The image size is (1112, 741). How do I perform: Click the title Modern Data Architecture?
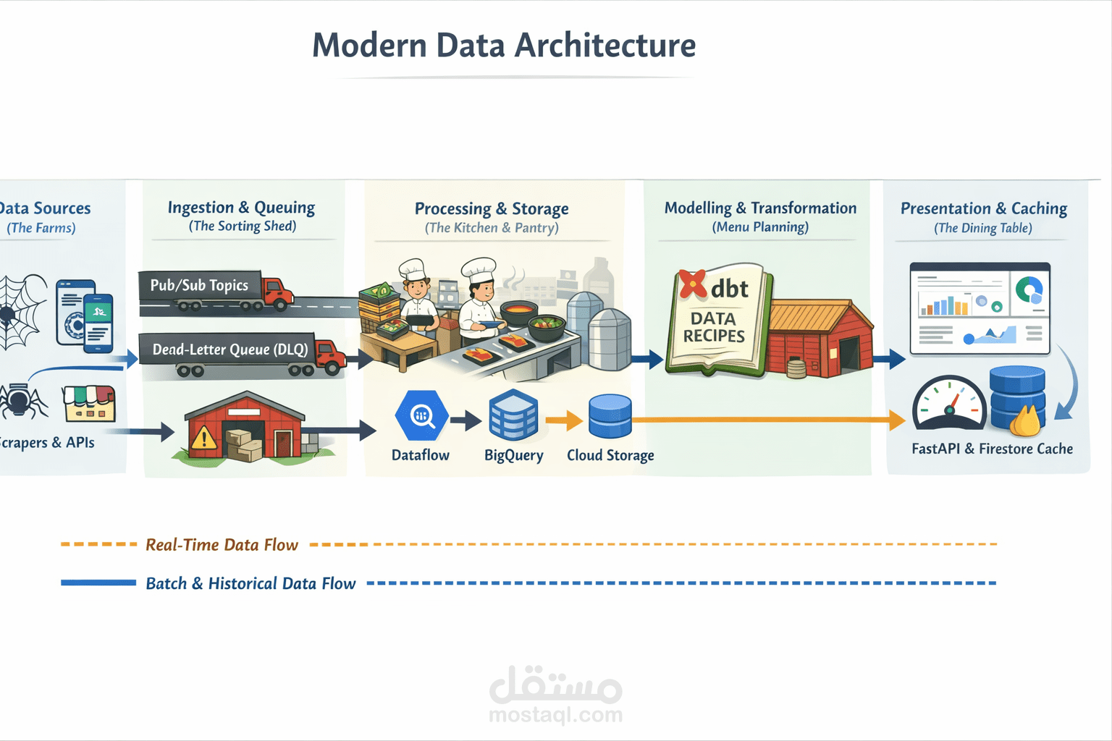(x=504, y=45)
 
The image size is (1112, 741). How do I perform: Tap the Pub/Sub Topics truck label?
(x=199, y=285)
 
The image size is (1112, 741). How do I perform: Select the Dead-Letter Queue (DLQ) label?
(x=229, y=350)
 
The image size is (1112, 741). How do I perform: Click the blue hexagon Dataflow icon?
(x=421, y=415)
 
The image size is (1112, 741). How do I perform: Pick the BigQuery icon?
(x=513, y=415)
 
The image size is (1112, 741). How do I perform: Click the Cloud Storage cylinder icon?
(x=610, y=416)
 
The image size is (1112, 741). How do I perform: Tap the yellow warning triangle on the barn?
(x=203, y=438)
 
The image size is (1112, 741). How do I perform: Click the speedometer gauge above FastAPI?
(x=949, y=404)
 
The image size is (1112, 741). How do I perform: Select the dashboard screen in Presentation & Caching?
(x=980, y=309)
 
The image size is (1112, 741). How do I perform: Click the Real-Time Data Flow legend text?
(x=222, y=545)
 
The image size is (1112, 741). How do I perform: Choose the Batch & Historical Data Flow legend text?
(x=250, y=583)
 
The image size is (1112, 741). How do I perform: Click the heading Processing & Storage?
(x=492, y=208)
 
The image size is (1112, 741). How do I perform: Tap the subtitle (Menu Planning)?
(x=760, y=227)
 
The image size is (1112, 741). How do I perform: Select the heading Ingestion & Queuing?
(x=241, y=208)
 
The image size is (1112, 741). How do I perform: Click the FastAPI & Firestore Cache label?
(x=992, y=449)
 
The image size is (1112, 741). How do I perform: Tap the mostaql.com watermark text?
(x=555, y=715)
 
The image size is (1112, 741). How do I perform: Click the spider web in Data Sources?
(x=20, y=311)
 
